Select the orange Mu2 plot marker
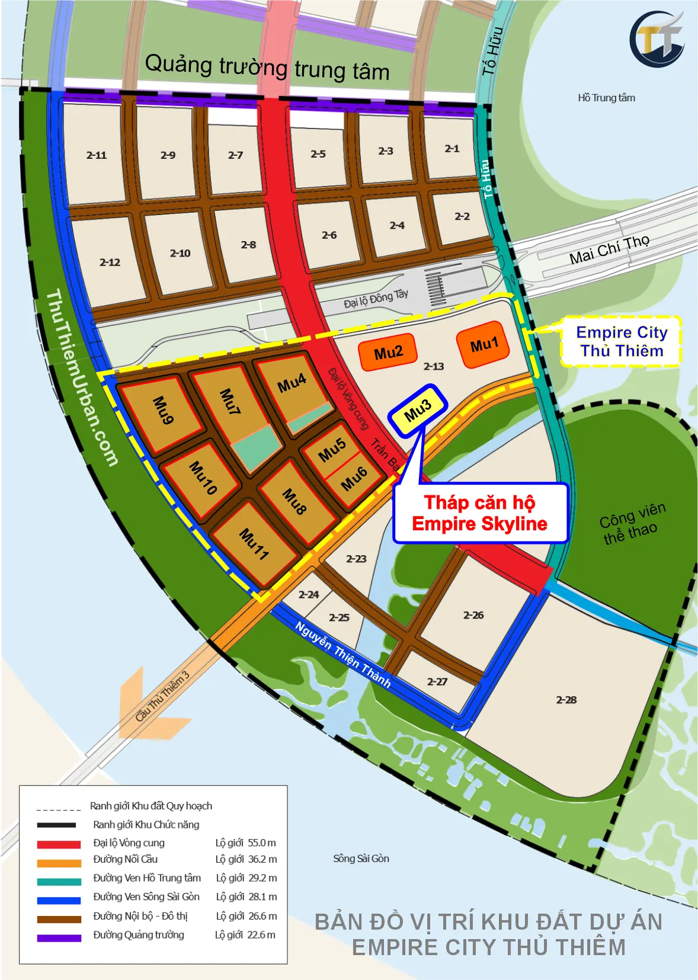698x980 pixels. [388, 353]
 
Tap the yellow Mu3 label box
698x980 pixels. [418, 410]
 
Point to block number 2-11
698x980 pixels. [96, 155]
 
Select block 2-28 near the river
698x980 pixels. [566, 700]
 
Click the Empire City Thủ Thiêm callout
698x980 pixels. [621, 341]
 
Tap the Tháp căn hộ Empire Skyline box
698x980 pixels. [480, 513]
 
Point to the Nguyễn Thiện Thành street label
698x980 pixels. [342, 654]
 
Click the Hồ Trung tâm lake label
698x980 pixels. [606, 98]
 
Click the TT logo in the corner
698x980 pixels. [657, 40]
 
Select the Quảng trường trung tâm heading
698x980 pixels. [267, 67]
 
